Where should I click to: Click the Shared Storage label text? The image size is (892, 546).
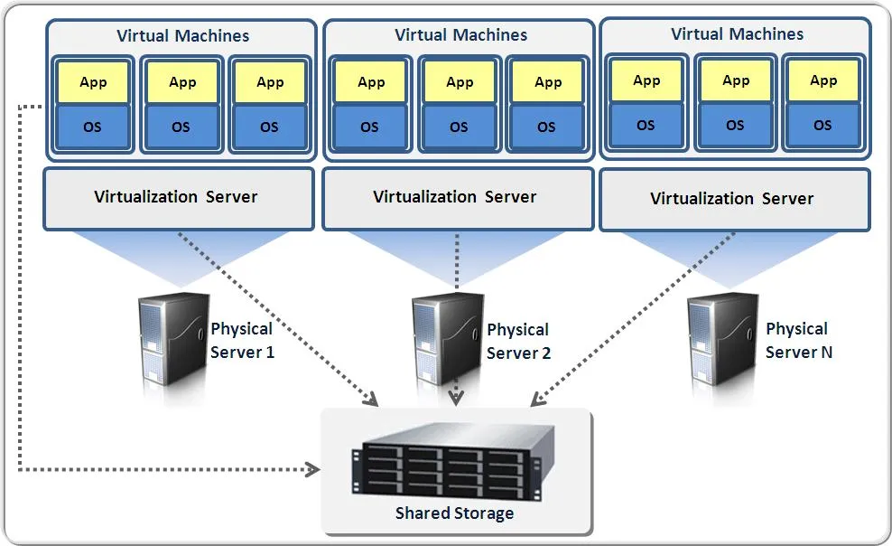[454, 513]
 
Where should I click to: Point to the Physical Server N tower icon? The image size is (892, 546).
[720, 341]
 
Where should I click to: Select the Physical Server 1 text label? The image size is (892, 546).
[242, 341]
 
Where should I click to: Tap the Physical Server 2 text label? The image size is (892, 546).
[518, 341]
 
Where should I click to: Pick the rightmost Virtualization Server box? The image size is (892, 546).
[733, 198]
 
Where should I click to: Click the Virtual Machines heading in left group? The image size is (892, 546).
[182, 37]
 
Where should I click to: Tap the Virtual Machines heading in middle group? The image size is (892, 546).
[460, 35]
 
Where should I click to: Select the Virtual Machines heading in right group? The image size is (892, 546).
[737, 34]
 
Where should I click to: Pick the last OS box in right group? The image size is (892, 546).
[822, 125]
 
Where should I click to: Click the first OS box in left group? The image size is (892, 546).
[93, 127]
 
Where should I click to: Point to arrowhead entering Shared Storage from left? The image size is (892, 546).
[314, 469]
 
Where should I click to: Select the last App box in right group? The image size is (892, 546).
[823, 81]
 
